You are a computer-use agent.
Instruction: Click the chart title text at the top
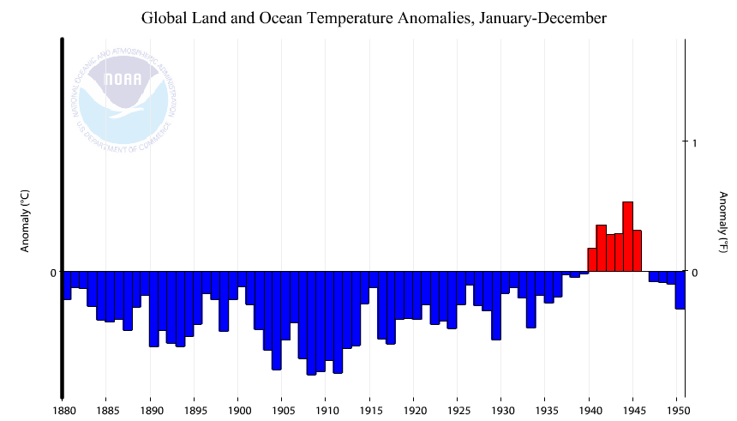(x=374, y=18)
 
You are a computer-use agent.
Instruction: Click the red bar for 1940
(x=592, y=260)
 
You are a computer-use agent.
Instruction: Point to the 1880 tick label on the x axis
(x=63, y=410)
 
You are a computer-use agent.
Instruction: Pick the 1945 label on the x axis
(x=634, y=410)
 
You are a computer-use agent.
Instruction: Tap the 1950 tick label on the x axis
(x=678, y=410)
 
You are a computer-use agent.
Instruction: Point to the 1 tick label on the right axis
(x=695, y=142)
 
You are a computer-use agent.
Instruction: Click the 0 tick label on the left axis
(x=53, y=273)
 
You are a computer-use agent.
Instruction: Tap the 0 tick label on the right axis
(x=695, y=273)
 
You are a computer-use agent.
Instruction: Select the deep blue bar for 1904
(x=277, y=321)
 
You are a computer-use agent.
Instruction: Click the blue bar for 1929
(x=495, y=305)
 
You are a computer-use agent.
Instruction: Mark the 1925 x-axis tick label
(x=458, y=410)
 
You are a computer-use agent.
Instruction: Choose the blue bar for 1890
(x=154, y=309)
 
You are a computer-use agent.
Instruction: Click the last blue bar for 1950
(x=680, y=290)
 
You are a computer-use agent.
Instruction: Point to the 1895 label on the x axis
(x=195, y=410)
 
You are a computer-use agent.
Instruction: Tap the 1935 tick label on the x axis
(x=546, y=410)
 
